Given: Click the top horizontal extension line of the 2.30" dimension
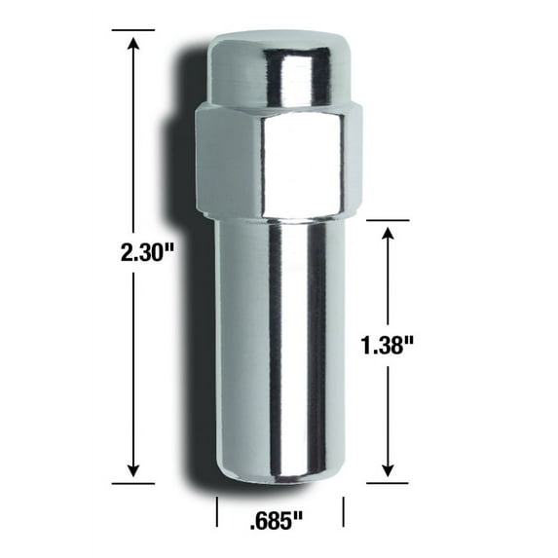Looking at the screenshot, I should tap(132, 30).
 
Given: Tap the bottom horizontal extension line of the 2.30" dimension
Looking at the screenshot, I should tap(132, 481).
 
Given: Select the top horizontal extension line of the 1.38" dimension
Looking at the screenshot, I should tap(389, 221).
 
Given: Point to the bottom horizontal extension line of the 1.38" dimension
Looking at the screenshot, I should tap(389, 481).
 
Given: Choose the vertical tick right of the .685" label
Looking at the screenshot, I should tap(344, 511).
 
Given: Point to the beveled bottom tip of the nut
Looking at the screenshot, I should tap(279, 476).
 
